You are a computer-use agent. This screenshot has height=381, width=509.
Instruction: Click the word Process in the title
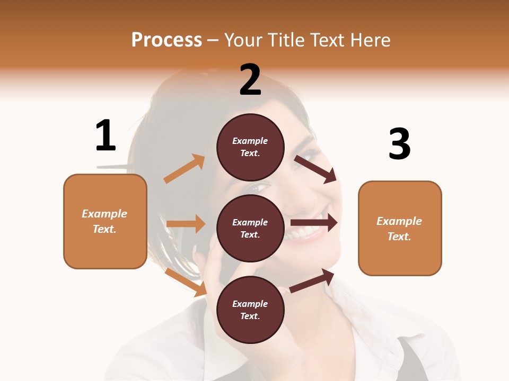(166, 40)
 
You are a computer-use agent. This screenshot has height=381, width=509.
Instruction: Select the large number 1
(106, 135)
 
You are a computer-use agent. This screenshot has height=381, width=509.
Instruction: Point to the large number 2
(250, 80)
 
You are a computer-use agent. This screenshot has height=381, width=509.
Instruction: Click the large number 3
(399, 144)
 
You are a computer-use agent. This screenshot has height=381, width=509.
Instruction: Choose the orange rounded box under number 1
(105, 221)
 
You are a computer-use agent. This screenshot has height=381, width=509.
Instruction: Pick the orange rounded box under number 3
(400, 228)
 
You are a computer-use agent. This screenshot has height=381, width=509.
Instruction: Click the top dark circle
(250, 147)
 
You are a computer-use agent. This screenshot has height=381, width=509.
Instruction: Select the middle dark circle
(250, 228)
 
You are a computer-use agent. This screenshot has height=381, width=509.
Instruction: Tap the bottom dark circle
(250, 310)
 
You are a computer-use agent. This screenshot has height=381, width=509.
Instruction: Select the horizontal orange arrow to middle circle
(186, 224)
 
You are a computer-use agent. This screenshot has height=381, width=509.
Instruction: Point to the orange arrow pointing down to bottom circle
(186, 282)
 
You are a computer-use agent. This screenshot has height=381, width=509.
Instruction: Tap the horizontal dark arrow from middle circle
(314, 222)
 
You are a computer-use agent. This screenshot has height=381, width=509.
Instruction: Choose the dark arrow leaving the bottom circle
(312, 280)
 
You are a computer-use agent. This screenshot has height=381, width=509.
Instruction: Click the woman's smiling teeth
(303, 231)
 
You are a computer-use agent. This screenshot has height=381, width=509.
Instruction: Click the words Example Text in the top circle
(250, 147)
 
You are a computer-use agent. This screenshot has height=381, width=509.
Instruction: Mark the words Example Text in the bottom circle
(250, 310)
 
